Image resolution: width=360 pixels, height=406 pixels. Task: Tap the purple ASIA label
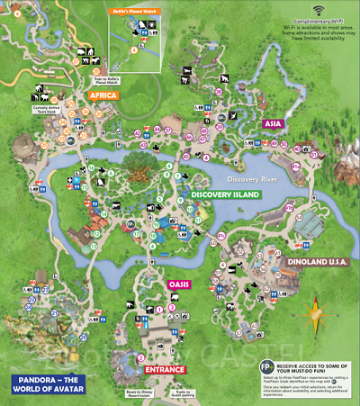[273, 123]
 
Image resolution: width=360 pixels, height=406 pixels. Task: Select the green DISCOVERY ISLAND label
[224, 194]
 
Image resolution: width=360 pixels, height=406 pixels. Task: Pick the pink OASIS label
[177, 284]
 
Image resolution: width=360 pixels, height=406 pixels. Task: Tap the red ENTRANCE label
[165, 369]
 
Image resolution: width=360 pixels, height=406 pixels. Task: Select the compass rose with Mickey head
[318, 316]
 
